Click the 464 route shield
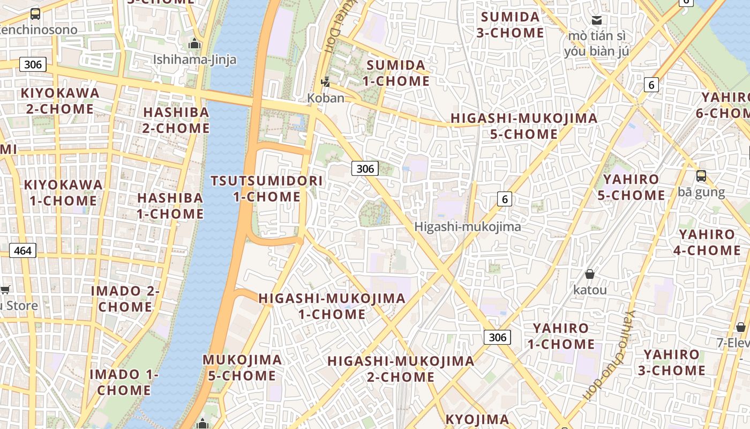22,250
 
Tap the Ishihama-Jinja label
194,60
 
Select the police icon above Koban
325,82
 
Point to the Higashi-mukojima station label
467,227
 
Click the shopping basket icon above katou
590,275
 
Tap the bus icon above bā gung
701,176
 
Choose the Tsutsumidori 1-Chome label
267,189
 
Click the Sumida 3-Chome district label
510,25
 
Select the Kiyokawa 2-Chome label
60,101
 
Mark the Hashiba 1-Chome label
170,206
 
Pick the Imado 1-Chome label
124,382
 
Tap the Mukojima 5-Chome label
242,367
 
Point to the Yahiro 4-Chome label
707,242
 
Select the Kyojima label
477,419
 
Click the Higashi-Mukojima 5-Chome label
524,126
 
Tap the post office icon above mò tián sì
596,20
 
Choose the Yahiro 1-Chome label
561,336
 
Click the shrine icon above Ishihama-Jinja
194,43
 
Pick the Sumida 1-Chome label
398,73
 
